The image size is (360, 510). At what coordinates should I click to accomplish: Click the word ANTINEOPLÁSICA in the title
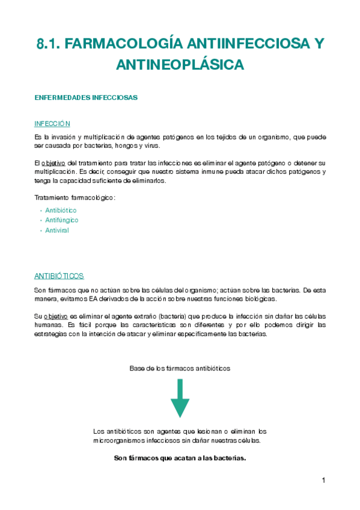180,64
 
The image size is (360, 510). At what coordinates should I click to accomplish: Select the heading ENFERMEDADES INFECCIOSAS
86,97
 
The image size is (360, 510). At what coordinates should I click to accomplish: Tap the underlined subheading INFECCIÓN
52,123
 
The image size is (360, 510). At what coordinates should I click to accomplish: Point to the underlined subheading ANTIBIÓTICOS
59,276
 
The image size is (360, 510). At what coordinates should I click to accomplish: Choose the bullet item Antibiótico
61,210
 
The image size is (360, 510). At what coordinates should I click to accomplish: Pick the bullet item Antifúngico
62,220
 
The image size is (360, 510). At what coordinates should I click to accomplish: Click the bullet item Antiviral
57,230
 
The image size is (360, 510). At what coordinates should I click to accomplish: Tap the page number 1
323,480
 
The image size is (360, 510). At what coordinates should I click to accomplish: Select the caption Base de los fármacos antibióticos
180,368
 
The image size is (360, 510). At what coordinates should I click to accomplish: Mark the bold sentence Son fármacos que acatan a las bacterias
180,458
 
